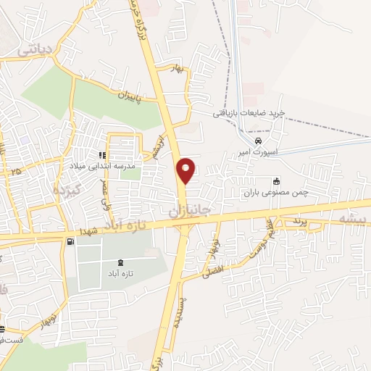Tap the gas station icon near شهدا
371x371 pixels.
click(70, 241)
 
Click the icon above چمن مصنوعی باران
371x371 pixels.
click(276, 181)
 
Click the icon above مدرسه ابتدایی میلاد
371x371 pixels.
click(103, 154)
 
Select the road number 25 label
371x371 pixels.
click(16, 170)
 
